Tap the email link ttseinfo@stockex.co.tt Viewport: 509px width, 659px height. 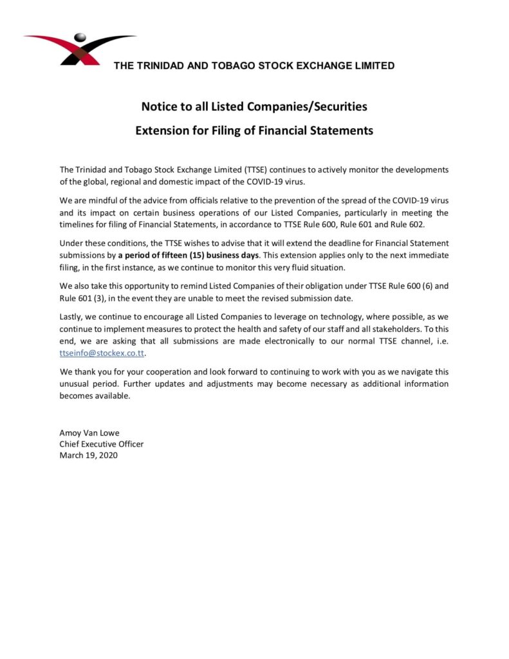(102, 354)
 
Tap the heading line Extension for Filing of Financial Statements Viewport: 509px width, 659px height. (254, 131)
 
